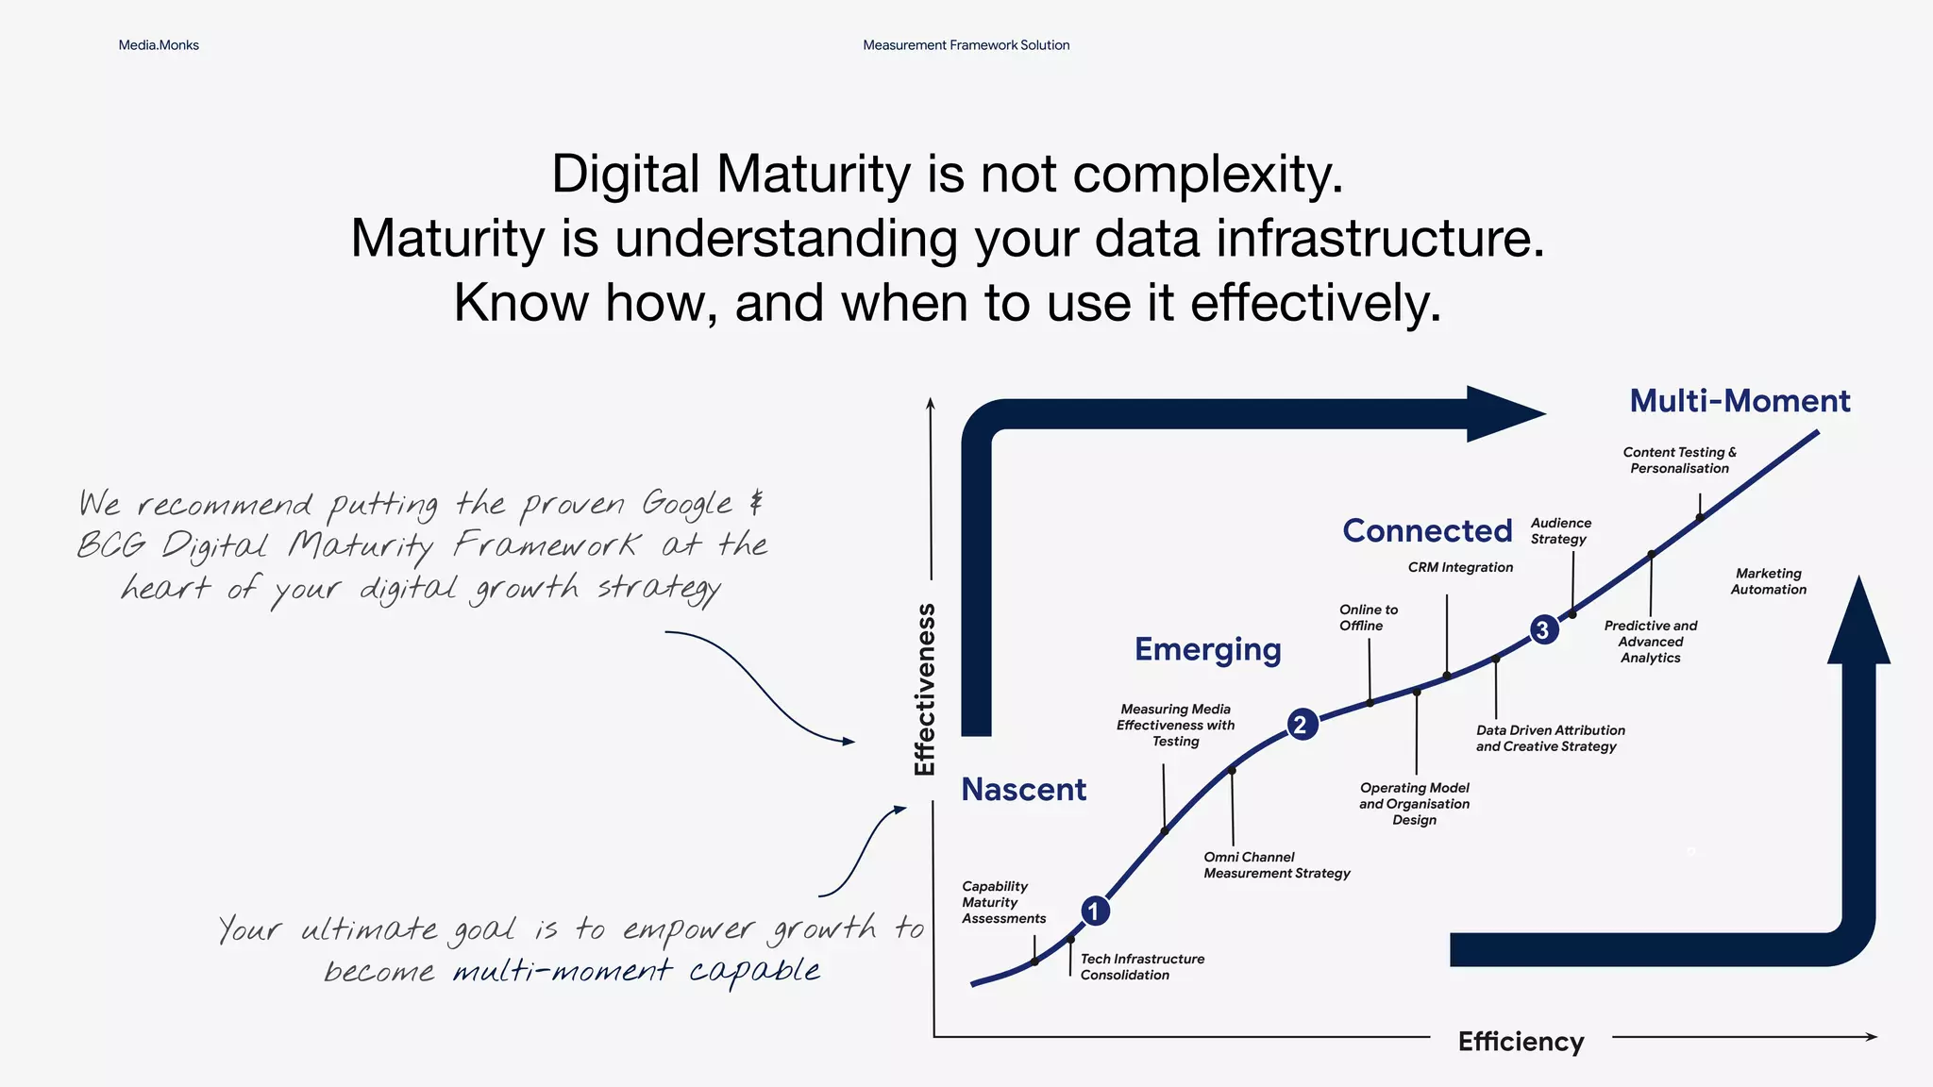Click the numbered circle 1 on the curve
[x=1095, y=911]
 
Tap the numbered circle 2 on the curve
[x=1302, y=725]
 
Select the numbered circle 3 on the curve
[x=1543, y=629]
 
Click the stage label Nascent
[x=1023, y=789]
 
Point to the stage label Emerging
[x=1207, y=649]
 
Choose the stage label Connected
[x=1427, y=530]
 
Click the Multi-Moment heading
[x=1740, y=400]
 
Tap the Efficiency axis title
[x=1521, y=1041]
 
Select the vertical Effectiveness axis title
[x=925, y=689]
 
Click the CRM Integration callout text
[x=1460, y=567]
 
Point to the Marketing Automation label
[x=1768, y=581]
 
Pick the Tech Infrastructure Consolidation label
[x=1142, y=966]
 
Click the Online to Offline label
[x=1368, y=617]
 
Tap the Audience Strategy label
[x=1560, y=530]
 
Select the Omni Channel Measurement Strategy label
[x=1276, y=864]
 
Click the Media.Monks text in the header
[x=159, y=45]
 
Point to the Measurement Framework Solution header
[x=966, y=45]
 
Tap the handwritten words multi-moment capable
[x=636, y=970]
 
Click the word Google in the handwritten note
[x=687, y=504]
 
